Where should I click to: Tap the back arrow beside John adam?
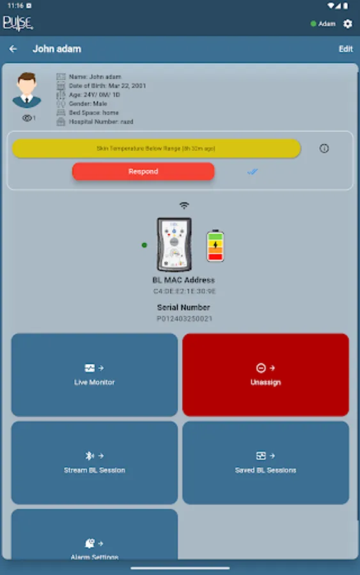click(x=13, y=49)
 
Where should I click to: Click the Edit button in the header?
click(x=345, y=49)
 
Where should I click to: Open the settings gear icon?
click(x=348, y=24)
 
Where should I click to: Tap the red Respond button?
click(x=143, y=171)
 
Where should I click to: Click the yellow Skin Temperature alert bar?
click(x=156, y=148)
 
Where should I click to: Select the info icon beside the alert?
click(x=324, y=148)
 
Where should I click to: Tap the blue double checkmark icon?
click(x=253, y=171)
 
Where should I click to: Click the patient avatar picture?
click(x=27, y=90)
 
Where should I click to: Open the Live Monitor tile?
click(x=95, y=374)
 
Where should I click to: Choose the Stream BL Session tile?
click(x=95, y=463)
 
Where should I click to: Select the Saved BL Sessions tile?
click(x=265, y=463)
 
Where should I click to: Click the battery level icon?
click(x=215, y=246)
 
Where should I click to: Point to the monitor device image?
click(x=175, y=244)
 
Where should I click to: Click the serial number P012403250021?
click(x=184, y=318)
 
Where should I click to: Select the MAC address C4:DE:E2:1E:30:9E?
click(x=184, y=291)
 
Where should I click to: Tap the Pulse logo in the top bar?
click(x=17, y=24)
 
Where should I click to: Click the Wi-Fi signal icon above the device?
click(x=184, y=206)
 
